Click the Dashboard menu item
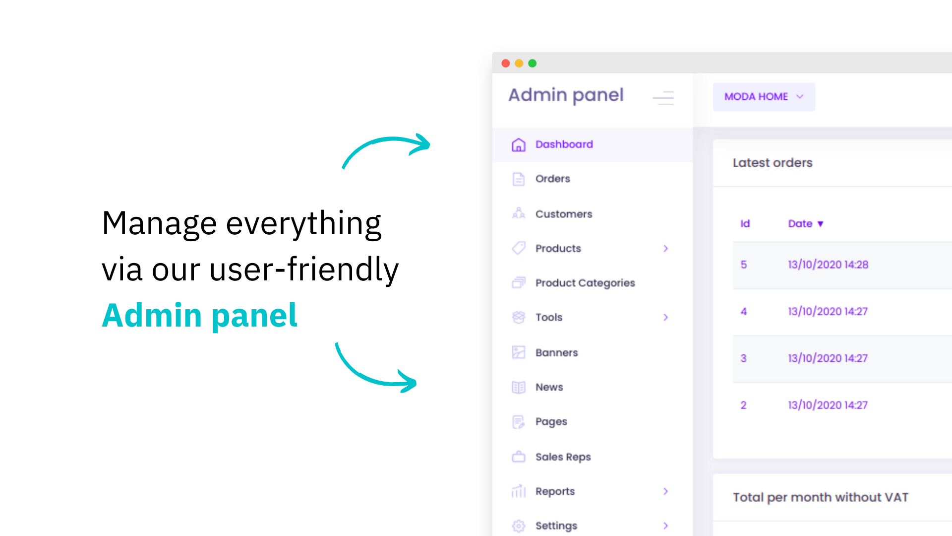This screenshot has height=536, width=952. tap(564, 144)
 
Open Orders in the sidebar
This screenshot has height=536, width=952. tap(552, 179)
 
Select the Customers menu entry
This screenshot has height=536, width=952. tap(564, 214)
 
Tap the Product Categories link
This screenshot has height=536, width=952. tap(585, 283)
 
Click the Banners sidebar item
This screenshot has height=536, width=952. tap(556, 352)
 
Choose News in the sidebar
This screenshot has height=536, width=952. tap(549, 387)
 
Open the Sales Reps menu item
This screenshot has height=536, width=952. tap(563, 457)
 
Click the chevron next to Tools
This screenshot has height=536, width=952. tap(666, 317)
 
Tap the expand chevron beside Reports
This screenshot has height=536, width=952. tap(666, 491)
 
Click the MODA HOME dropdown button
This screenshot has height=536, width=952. tap(764, 97)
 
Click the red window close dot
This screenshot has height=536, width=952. tap(506, 63)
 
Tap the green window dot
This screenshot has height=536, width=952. tap(533, 63)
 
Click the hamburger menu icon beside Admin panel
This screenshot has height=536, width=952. tap(663, 98)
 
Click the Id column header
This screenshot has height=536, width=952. tap(745, 224)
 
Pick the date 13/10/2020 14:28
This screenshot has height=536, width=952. tap(828, 265)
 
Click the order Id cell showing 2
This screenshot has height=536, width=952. tap(743, 405)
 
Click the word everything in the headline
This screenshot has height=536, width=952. tap(303, 224)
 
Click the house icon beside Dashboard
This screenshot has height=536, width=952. tap(519, 144)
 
